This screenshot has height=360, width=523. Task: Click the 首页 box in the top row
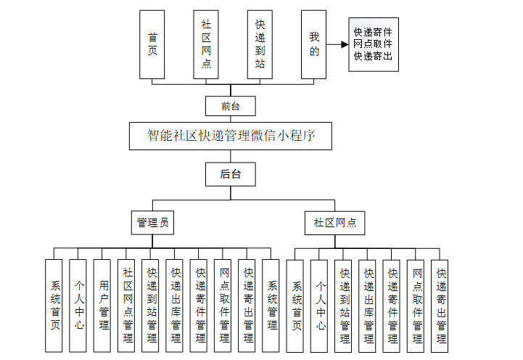point(152,44)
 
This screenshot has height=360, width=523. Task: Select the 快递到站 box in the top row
point(260,44)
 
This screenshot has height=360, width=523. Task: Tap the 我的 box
point(314,44)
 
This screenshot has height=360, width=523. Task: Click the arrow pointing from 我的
point(337,44)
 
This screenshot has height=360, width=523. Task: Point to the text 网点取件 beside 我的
point(373,44)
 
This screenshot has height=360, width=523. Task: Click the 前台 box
point(231,107)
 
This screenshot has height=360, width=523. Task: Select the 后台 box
point(231,173)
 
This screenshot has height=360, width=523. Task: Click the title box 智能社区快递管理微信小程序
point(230,136)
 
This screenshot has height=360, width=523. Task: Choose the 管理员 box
point(153,223)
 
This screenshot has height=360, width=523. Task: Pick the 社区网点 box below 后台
point(335,223)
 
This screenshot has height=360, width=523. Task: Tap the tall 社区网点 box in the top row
point(206,44)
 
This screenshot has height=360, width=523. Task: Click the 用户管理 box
point(104,306)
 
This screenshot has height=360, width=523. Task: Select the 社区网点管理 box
point(128,306)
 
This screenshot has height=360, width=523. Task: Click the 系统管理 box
point(271,306)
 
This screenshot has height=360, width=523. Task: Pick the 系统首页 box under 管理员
point(55,306)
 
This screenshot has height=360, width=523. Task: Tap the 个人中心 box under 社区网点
point(319,306)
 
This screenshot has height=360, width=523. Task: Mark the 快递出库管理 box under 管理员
point(176,306)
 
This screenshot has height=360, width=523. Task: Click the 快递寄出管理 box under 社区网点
point(440,306)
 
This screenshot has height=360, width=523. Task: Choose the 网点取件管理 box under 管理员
point(223,306)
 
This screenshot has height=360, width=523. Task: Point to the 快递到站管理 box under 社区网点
point(343,306)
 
